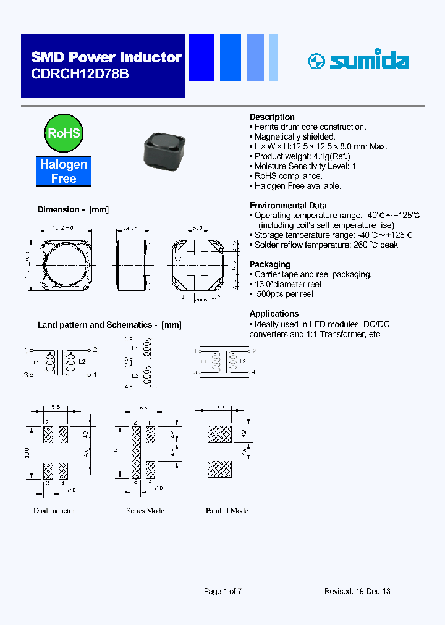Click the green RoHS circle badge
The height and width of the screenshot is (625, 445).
64,133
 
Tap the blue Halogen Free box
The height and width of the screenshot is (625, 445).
64,171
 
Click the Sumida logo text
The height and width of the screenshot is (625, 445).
368,61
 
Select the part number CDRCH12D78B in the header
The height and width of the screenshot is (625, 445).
80,73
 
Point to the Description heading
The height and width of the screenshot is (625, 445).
272,117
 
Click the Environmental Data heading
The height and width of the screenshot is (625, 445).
288,205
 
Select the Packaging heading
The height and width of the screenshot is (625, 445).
270,264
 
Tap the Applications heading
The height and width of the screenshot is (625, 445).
274,313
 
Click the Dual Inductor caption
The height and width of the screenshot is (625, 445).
54,511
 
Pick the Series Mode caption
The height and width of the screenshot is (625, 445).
145,511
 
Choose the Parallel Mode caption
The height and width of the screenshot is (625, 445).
227,511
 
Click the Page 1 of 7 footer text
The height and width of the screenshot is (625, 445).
222,591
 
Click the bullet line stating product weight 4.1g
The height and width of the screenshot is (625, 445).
302,156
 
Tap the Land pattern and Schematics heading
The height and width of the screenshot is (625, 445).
109,324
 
